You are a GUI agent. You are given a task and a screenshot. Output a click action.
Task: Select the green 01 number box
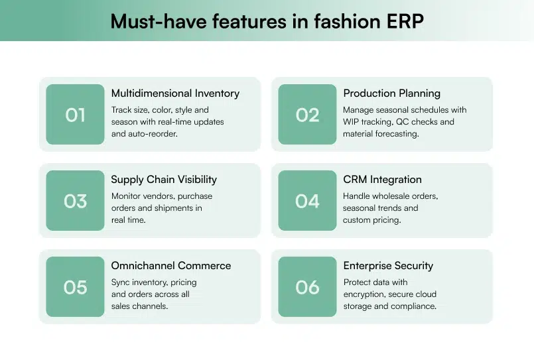pos(75,115)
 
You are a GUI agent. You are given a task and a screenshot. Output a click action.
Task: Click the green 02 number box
pos(307,115)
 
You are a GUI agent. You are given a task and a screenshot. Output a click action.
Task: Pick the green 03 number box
pos(75,201)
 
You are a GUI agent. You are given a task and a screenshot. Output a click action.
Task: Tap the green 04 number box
pos(307,201)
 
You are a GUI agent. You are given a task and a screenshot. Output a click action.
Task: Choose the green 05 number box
pos(75,287)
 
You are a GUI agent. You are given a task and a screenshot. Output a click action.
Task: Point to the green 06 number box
pos(307,287)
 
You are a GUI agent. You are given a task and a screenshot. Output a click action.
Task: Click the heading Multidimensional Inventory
pos(175,93)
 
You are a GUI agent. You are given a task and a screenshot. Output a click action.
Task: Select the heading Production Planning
pos(391,93)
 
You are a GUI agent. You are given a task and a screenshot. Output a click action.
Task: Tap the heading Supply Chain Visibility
pos(164,180)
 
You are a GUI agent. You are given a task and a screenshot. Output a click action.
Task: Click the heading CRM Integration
pos(382,180)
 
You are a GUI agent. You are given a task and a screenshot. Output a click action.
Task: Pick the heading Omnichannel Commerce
pos(171,266)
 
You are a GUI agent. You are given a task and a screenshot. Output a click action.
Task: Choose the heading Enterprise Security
pos(388,266)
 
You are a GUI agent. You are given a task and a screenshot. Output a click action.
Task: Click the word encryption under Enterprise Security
pos(366,294)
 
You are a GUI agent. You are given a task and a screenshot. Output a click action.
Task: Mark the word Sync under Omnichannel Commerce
pos(121,282)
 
